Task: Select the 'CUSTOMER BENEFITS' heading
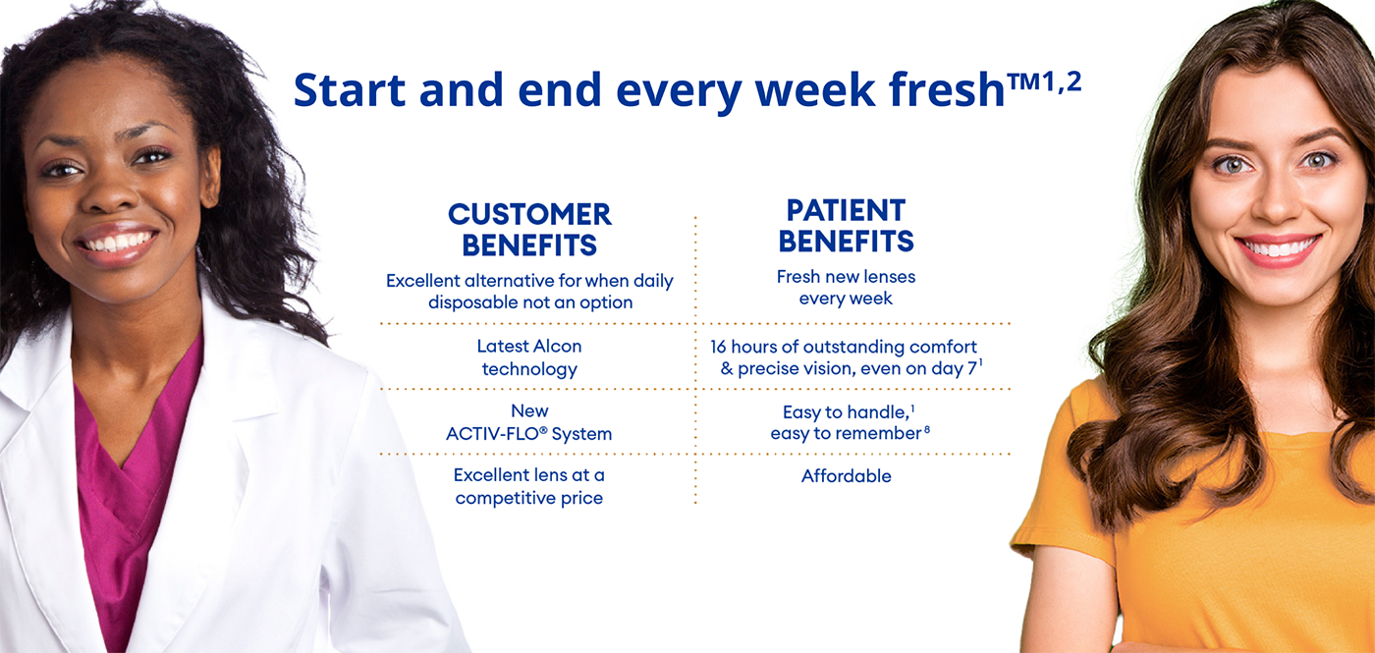tap(529, 229)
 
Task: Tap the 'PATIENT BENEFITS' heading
tap(846, 225)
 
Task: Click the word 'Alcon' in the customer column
tap(556, 347)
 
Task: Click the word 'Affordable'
tap(846, 476)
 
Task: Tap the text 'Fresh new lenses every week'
tap(846, 288)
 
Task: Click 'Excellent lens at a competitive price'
tap(529, 487)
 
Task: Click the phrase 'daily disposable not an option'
tap(529, 302)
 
